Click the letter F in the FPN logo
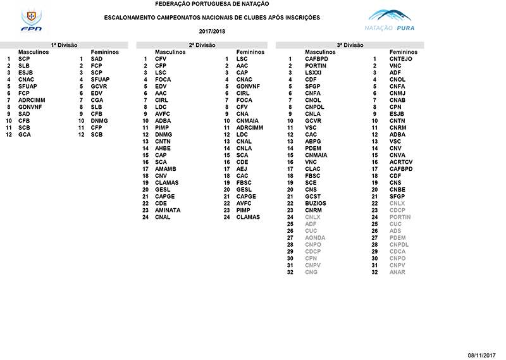(23, 28)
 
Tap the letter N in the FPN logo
(37, 28)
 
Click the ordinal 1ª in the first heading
(54, 45)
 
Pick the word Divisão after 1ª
(70, 45)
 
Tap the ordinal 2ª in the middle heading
(192, 45)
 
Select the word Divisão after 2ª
(207, 45)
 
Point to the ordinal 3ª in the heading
(340, 45)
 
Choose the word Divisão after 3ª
(355, 45)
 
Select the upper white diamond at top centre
(235, 11)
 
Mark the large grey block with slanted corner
(424, 253)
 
